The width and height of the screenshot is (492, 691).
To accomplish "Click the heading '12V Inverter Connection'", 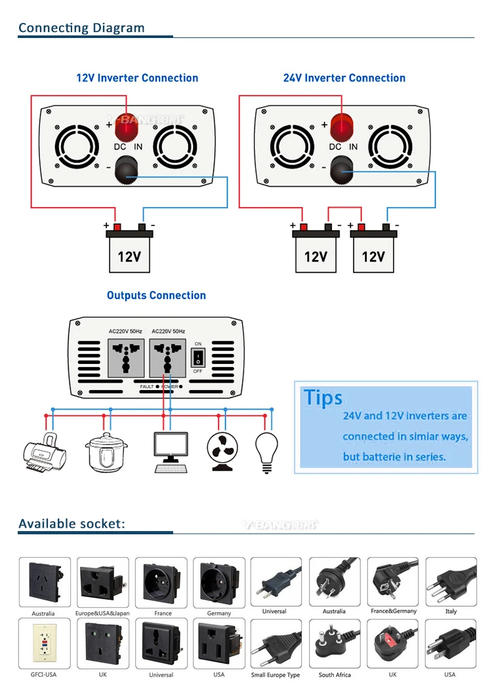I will (x=137, y=78).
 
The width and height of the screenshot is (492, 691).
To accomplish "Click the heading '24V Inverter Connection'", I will (x=344, y=78).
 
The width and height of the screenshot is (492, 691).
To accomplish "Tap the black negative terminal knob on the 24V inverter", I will (x=342, y=173).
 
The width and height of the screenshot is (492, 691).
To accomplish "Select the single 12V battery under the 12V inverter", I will (x=129, y=252).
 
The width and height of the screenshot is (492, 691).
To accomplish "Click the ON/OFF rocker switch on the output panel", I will (x=197, y=357).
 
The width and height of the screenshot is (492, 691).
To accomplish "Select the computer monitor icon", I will (x=170, y=451).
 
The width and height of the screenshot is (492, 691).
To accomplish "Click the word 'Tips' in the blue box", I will (x=323, y=398).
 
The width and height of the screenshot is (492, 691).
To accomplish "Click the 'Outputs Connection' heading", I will (x=156, y=296).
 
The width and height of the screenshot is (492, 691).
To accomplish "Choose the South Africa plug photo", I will (x=335, y=643).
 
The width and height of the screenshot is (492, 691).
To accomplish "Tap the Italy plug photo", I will (x=451, y=582).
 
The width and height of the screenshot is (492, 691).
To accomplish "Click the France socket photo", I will (x=161, y=582).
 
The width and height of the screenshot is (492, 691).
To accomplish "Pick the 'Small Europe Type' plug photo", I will (x=276, y=643).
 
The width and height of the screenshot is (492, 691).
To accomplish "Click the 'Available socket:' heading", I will (x=72, y=524).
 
